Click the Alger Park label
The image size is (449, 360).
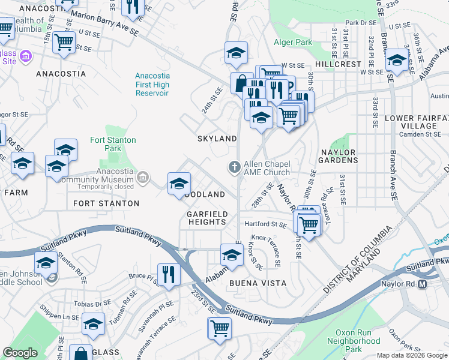pyautogui.click(x=293, y=42)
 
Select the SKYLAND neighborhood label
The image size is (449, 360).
pyautogui.click(x=217, y=139)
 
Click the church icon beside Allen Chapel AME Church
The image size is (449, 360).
pyautogui.click(x=234, y=167)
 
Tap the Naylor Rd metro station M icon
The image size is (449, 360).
pyautogui.click(x=422, y=283)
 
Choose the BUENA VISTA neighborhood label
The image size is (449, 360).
pyautogui.click(x=257, y=283)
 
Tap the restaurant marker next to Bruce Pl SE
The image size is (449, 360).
pyautogui.click(x=169, y=274)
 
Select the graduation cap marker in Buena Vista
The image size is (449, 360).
pyautogui.click(x=232, y=255)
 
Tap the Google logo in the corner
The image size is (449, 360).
pyautogui.click(x=20, y=353)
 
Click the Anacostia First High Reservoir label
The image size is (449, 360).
pyautogui.click(x=152, y=85)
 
